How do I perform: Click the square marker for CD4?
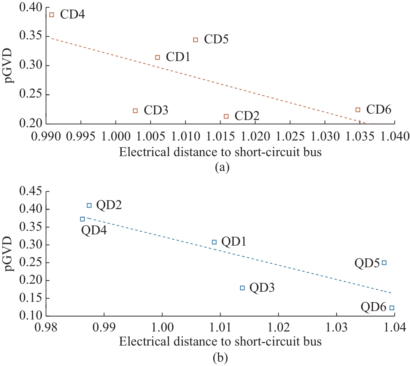[51, 15]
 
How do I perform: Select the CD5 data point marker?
[196, 40]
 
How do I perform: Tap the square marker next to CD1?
[157, 57]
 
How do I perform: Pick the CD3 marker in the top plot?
[135, 110]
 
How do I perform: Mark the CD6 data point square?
[358, 110]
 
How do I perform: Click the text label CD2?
[247, 116]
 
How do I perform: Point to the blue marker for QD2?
[89, 205]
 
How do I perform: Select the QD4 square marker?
[82, 219]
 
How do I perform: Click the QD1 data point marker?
[214, 242]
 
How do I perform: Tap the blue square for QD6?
[392, 308]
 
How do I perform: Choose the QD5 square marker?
[384, 262]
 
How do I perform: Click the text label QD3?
[262, 288]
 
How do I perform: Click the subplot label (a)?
[222, 167]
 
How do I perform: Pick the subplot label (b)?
[222, 356]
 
